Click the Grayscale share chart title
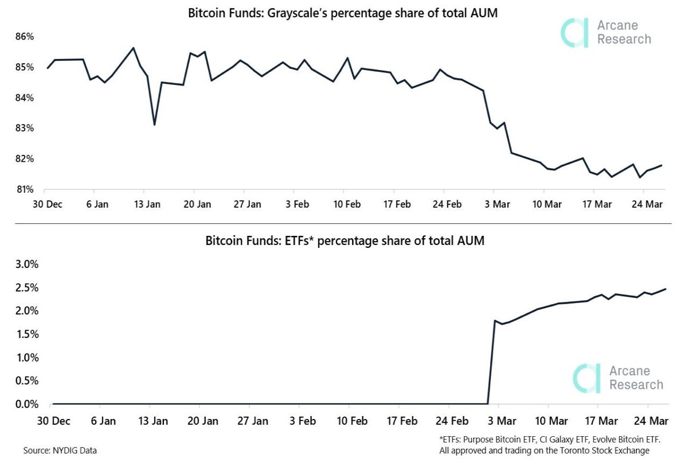(x=343, y=13)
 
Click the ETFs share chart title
(x=345, y=240)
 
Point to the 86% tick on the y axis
(x=25, y=37)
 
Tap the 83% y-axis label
(x=25, y=128)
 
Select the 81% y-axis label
(x=25, y=189)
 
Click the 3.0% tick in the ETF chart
(x=27, y=264)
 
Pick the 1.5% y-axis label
(x=28, y=334)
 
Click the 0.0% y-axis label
(x=27, y=404)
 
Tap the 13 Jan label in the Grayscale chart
(x=147, y=204)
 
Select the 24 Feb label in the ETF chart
(x=452, y=421)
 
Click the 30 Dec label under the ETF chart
(x=54, y=421)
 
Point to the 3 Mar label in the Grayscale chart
(x=497, y=204)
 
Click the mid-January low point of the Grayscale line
(x=154, y=125)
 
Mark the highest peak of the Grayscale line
(x=133, y=48)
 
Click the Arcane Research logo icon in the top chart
(x=574, y=33)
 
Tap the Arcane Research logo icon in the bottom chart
(x=587, y=378)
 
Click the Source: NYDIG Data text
(x=60, y=451)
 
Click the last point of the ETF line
(x=666, y=289)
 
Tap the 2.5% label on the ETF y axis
(x=27, y=288)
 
